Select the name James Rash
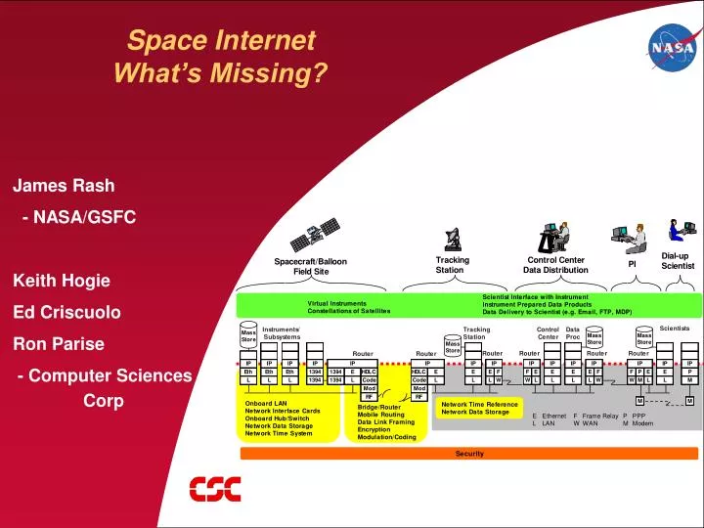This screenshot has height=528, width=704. (x=64, y=186)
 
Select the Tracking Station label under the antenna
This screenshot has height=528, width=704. (x=452, y=265)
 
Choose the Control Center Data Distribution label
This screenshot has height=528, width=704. (x=555, y=265)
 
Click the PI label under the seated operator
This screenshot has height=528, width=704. (x=632, y=263)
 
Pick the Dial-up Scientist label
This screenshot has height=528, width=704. (x=677, y=261)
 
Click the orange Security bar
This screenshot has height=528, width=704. (x=470, y=454)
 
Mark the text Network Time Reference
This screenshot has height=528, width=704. (x=479, y=404)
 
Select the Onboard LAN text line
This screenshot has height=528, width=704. (x=266, y=403)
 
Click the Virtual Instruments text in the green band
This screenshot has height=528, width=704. (x=336, y=303)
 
